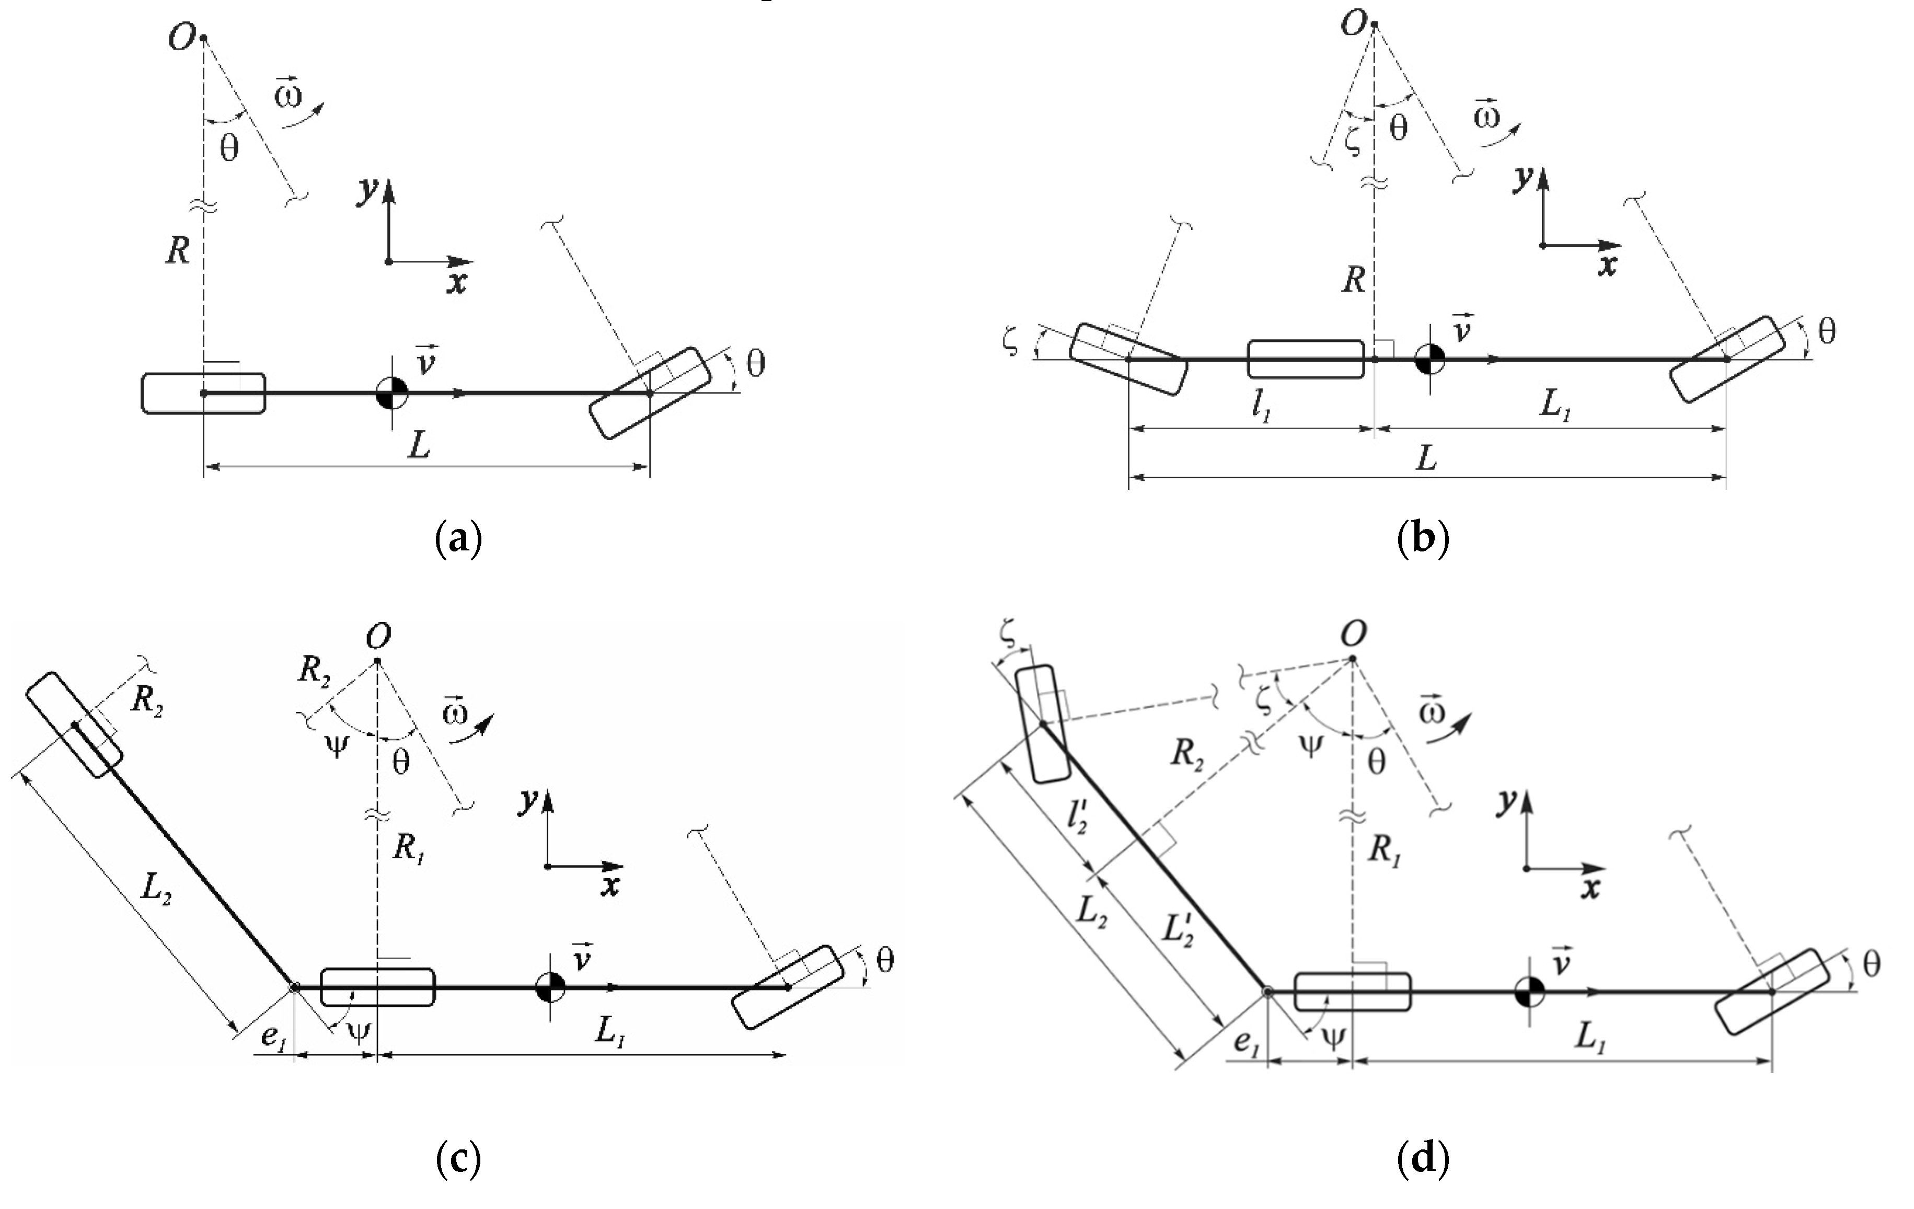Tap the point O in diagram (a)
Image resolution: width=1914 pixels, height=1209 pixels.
[203, 38]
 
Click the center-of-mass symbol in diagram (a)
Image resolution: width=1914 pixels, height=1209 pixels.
[392, 393]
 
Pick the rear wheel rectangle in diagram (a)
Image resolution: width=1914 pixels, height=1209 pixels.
[203, 393]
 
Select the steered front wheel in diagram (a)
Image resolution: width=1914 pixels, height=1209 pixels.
[649, 393]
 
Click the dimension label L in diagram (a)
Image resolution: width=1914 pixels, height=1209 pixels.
[419, 445]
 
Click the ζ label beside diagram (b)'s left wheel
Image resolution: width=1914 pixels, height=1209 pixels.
[1011, 343]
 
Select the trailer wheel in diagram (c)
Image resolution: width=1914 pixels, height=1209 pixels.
[74, 724]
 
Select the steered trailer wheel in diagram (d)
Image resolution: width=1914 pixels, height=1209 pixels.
[1043, 723]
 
